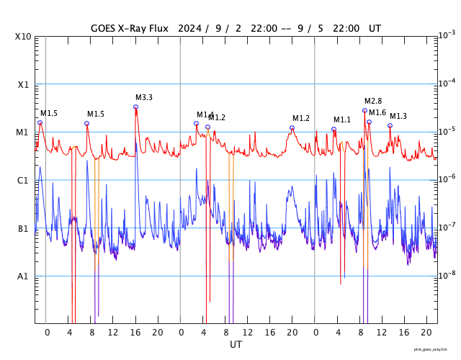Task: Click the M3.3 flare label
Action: point(143,97)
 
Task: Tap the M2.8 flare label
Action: point(373,101)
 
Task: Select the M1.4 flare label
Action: point(205,114)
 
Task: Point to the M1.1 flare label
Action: point(341,120)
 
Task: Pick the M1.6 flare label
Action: point(377,112)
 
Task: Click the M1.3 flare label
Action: point(398,116)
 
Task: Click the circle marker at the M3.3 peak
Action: point(135,107)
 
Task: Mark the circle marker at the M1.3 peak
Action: point(390,125)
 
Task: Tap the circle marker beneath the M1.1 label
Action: point(334,129)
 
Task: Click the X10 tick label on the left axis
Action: point(23,36)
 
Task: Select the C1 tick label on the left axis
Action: point(23,180)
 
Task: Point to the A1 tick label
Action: point(23,276)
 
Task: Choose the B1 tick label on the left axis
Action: point(23,228)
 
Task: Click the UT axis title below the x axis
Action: point(236,345)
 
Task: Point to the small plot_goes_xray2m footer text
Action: point(435,350)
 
